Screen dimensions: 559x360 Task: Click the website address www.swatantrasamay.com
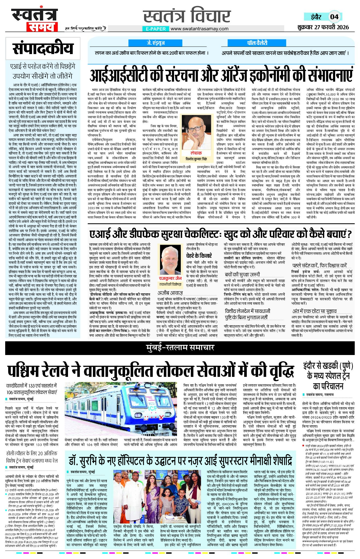pos(199,29)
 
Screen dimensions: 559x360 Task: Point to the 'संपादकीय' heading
pos(43,48)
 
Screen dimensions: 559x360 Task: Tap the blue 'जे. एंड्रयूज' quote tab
pos(155,43)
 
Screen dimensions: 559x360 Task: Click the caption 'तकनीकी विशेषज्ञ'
pos(171,284)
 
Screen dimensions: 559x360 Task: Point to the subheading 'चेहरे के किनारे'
pos(199,256)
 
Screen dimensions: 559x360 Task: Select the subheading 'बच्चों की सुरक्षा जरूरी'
pos(242,274)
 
